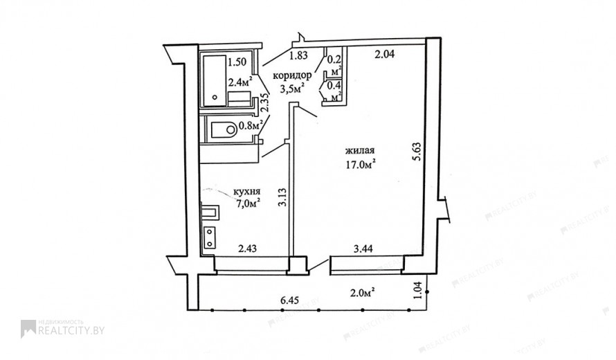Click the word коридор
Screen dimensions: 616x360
coord(293,76)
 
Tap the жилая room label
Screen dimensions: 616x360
coord(359,150)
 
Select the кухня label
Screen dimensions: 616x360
coord(246,192)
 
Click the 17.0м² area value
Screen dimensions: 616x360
coord(360,165)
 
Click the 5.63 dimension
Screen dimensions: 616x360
coord(417,152)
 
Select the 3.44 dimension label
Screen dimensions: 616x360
coord(363,249)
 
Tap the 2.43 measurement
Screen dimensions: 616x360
coord(248,249)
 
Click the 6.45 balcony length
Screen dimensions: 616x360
coord(289,300)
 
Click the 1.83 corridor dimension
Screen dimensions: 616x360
coord(298,56)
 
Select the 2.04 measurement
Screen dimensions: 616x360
coord(384,55)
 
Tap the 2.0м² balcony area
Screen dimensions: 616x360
coord(362,292)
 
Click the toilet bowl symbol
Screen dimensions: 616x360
coord(224,129)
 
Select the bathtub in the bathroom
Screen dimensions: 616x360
coord(214,80)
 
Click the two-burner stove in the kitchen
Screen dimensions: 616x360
coord(210,237)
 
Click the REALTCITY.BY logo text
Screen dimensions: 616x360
coord(71,330)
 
